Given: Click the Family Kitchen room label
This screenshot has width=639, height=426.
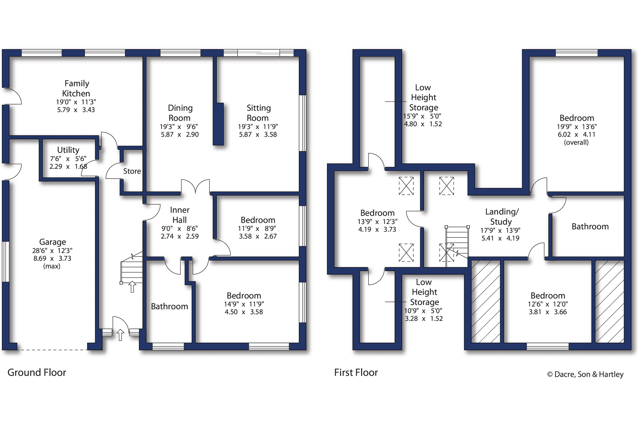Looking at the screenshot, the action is pyautogui.click(x=76, y=88).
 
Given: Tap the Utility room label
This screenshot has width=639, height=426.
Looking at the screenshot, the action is pyautogui.click(x=68, y=150).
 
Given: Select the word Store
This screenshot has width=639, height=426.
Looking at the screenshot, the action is pyautogui.click(x=132, y=171).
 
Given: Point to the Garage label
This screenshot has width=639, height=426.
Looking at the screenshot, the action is pyautogui.click(x=53, y=242).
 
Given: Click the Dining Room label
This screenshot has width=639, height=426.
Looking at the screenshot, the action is pyautogui.click(x=180, y=113).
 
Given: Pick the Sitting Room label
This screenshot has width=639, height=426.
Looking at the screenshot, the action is pyautogui.click(x=258, y=113).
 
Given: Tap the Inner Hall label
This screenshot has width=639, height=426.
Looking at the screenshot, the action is pyautogui.click(x=180, y=215).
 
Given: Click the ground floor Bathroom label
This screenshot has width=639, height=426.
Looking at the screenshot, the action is pyautogui.click(x=170, y=306).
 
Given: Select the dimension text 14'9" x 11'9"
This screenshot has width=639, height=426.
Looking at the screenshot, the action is pyautogui.click(x=244, y=304).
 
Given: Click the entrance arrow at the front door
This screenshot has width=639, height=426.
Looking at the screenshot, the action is pyautogui.click(x=120, y=335).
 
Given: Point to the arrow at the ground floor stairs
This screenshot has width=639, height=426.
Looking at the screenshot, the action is pyautogui.click(x=132, y=287).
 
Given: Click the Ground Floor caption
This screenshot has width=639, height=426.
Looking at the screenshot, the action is pyautogui.click(x=37, y=372).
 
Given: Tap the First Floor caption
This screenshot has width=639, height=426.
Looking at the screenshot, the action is pyautogui.click(x=356, y=372).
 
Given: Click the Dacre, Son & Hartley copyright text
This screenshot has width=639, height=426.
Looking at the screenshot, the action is pyautogui.click(x=585, y=374).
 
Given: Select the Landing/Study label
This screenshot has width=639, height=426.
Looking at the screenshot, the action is pyautogui.click(x=502, y=216).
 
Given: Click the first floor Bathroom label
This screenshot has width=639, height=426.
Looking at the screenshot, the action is pyautogui.click(x=590, y=226).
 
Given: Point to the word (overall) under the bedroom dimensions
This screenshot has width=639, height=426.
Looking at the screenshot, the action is pyautogui.click(x=576, y=142).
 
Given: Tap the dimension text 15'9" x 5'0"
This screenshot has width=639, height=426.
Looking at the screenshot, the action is pyautogui.click(x=422, y=116).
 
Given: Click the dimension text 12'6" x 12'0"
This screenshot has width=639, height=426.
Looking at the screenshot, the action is pyautogui.click(x=548, y=304).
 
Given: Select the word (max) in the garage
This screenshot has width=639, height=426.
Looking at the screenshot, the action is pyautogui.click(x=52, y=266).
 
